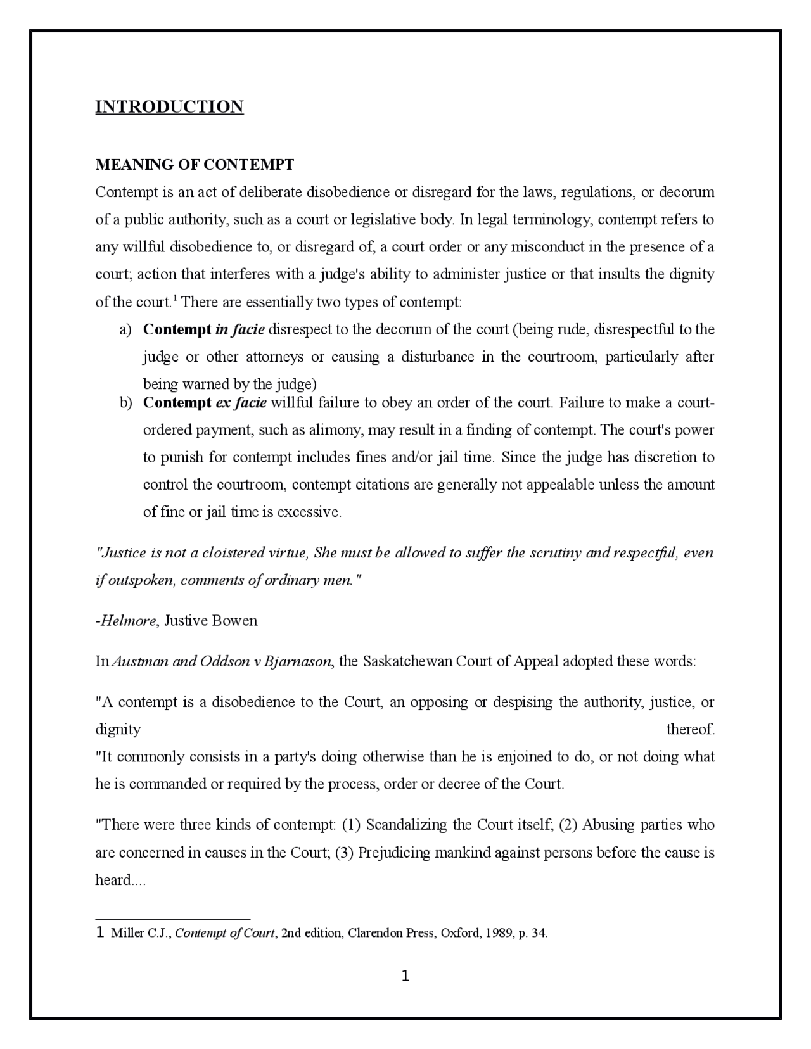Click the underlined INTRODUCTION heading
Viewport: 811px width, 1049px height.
pyautogui.click(x=169, y=106)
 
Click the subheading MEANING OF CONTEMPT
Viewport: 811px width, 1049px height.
pyautogui.click(x=195, y=165)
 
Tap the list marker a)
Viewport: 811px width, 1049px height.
pyautogui.click(x=125, y=329)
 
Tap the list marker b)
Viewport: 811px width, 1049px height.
pyautogui.click(x=125, y=403)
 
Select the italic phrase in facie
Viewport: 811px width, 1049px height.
pyautogui.click(x=240, y=329)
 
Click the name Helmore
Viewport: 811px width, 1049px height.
pyautogui.click(x=127, y=620)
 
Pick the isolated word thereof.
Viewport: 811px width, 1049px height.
pyautogui.click(x=690, y=729)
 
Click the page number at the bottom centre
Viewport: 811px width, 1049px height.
pyautogui.click(x=405, y=976)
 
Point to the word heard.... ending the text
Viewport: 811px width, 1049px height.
pyautogui.click(x=120, y=880)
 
